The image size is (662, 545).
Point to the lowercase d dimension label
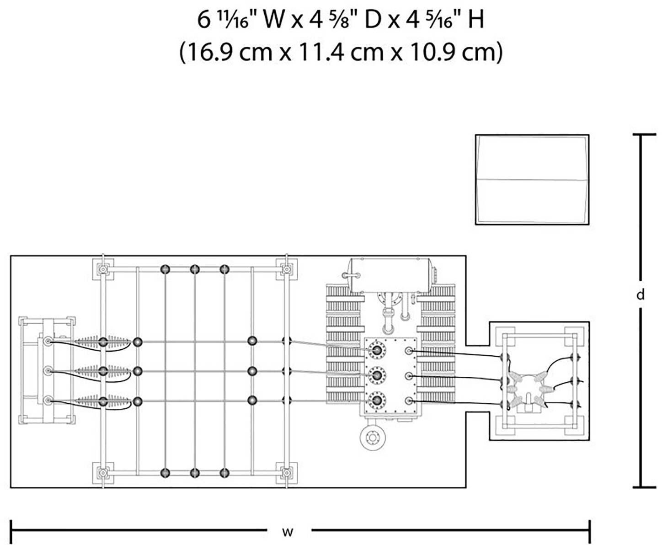641,295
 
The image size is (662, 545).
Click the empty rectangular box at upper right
532,180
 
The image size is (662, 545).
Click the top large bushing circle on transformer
377,350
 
